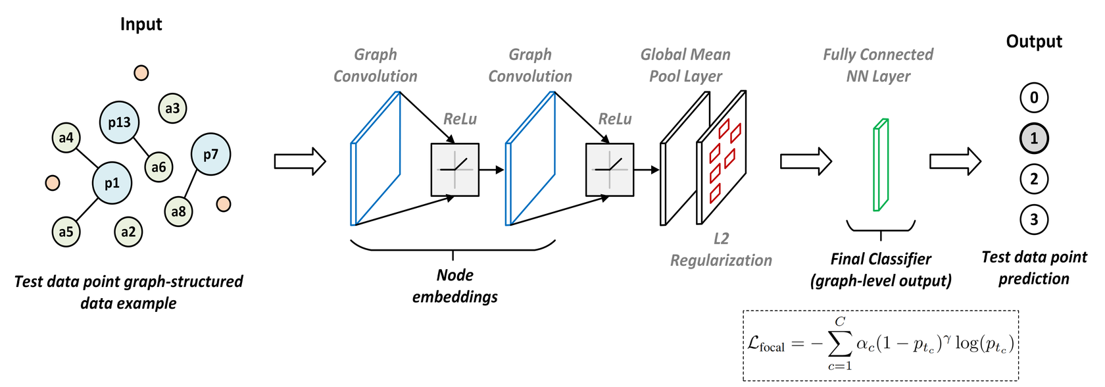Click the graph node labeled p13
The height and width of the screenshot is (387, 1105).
pos(119,122)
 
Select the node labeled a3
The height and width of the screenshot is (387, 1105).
pos(172,108)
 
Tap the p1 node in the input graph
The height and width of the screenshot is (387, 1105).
pos(112,183)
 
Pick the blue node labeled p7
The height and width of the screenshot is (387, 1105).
pos(210,155)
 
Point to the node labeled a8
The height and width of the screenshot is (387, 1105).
pos(178,211)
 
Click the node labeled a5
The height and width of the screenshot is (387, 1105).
pos(66,232)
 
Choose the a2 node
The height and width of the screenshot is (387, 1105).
pos(128,232)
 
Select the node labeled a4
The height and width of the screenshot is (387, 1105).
pos(66,138)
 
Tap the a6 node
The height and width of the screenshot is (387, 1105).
pos(159,167)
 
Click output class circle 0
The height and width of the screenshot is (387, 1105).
pos(1033,97)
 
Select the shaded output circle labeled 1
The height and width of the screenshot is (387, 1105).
pos(1033,138)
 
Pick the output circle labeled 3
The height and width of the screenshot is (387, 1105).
pos(1033,219)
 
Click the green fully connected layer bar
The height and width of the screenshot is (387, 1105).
pos(880,165)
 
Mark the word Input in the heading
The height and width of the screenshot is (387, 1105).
pos(141,24)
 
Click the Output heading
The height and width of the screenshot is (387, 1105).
pos(1033,41)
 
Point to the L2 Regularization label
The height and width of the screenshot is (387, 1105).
pos(721,249)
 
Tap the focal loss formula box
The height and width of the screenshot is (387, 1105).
pos(880,344)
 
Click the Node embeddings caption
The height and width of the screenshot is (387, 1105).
pos(454,286)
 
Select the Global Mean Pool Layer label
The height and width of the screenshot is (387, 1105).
pos(685,65)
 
